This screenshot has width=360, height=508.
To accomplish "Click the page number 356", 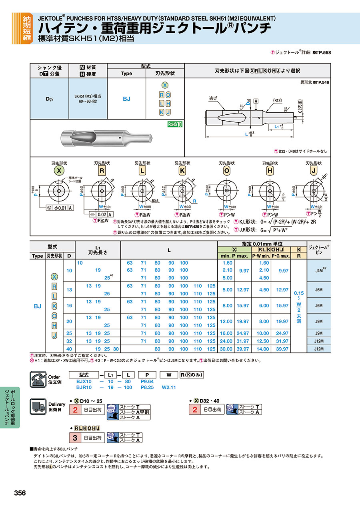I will pos(20,493).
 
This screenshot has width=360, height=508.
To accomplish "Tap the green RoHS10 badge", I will pos(175,124).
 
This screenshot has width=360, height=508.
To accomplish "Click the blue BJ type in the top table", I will pos(126,99).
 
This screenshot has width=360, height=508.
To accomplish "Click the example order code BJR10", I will pos(84,387).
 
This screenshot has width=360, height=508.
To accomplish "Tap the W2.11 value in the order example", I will pos(169,387).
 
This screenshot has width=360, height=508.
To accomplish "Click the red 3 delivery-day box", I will pos(75,438).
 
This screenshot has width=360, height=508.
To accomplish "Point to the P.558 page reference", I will pos(324,52).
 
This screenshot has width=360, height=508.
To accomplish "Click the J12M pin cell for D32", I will pos(319,341).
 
